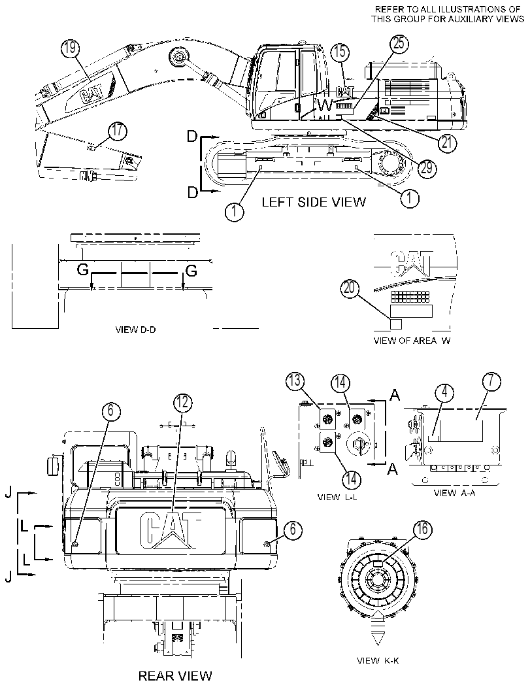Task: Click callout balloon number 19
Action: [x=71, y=48]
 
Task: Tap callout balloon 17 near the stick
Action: [x=118, y=132]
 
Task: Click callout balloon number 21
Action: [x=447, y=142]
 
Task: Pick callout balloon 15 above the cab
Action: [x=340, y=53]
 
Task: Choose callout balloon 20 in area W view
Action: [x=350, y=288]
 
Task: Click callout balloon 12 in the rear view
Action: [x=183, y=401]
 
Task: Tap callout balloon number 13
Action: [x=295, y=380]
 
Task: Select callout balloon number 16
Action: [x=422, y=529]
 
